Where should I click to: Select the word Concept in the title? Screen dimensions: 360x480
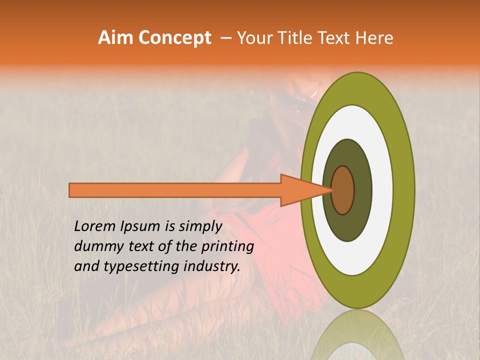coord(175,38)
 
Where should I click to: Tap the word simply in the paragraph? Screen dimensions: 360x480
coord(200,227)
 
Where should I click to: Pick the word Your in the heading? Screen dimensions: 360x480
coord(253,38)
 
